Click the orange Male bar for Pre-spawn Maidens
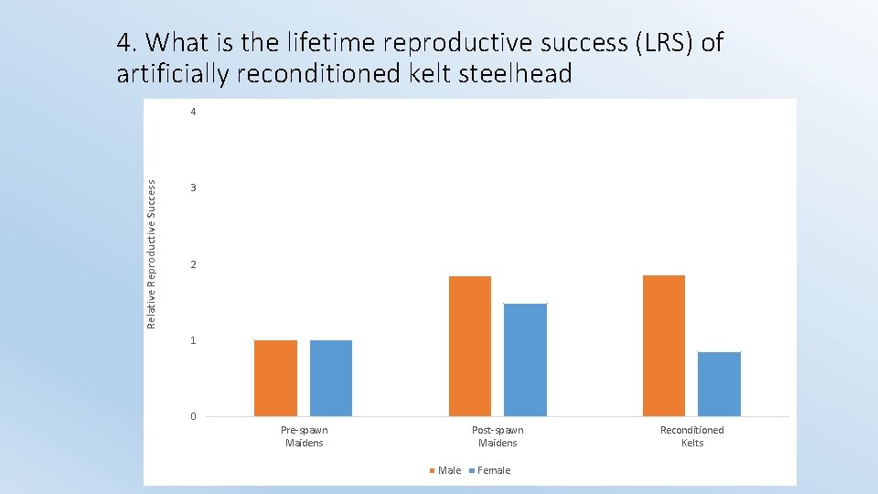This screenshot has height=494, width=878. coord(275,378)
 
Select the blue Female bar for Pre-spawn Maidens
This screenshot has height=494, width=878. coord(331,378)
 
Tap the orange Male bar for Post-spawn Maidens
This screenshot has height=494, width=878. coord(470,346)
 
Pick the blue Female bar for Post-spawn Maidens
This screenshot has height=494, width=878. coord(525,360)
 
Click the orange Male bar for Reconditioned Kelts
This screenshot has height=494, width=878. coord(664,346)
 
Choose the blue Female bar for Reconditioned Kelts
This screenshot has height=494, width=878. coord(719,384)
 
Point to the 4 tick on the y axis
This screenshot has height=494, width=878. coord(193,112)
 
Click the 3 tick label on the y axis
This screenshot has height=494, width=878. coord(193,188)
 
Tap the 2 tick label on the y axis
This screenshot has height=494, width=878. coord(193,265)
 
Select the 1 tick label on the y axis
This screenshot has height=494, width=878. coord(193,341)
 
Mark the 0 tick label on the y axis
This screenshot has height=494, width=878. coord(193,417)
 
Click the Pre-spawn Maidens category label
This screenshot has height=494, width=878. coord(304,436)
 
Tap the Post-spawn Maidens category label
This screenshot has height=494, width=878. coord(498,436)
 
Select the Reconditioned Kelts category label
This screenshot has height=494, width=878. coord(691,436)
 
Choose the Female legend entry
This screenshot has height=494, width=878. coord(489,470)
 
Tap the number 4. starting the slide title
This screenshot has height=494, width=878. coord(127,42)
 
